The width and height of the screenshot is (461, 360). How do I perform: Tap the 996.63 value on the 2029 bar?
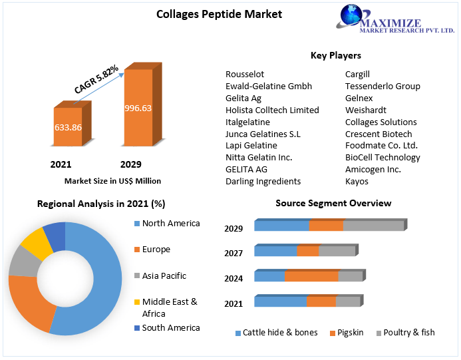pos(138,108)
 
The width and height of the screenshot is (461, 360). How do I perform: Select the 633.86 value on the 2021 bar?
pos(67,128)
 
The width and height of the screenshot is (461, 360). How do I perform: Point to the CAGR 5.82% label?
pos(96,79)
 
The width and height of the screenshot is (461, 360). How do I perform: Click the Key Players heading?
pos(335,55)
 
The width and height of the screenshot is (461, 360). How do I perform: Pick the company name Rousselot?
pos(244,75)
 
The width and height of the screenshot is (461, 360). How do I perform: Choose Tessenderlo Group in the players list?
pos(383,87)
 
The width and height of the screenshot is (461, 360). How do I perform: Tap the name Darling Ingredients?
pos(263,182)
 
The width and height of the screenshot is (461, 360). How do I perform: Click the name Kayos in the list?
pos(357,182)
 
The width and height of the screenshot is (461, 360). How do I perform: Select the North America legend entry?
pos(170,224)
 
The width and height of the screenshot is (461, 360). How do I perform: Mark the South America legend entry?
pos(170,328)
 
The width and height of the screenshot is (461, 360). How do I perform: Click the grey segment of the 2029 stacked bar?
pos(373,226)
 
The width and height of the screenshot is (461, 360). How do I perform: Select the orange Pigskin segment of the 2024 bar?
pos(311,276)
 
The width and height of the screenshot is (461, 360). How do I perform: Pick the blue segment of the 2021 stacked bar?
pos(280,301)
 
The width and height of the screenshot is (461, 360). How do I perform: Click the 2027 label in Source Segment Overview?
pos(233,254)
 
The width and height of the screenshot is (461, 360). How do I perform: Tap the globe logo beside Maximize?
pos(352,17)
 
